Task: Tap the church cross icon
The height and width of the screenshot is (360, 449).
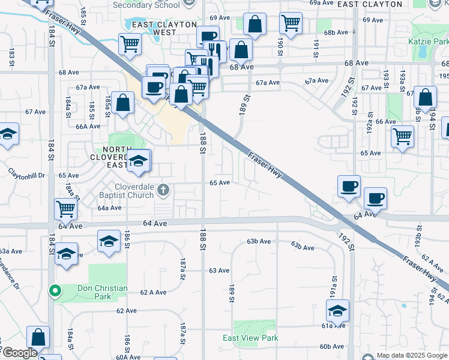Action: coord(163,191)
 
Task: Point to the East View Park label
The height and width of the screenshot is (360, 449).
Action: coord(250,338)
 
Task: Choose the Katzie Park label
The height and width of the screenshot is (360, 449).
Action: coord(428,42)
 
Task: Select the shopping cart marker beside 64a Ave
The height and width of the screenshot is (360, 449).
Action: coord(65,209)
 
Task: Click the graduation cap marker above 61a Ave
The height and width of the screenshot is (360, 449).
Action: coord(337,310)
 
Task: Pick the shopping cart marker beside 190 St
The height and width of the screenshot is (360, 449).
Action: coord(291,23)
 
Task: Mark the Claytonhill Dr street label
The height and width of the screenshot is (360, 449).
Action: coord(26,175)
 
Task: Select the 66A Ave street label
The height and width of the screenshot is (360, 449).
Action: coord(88,126)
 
